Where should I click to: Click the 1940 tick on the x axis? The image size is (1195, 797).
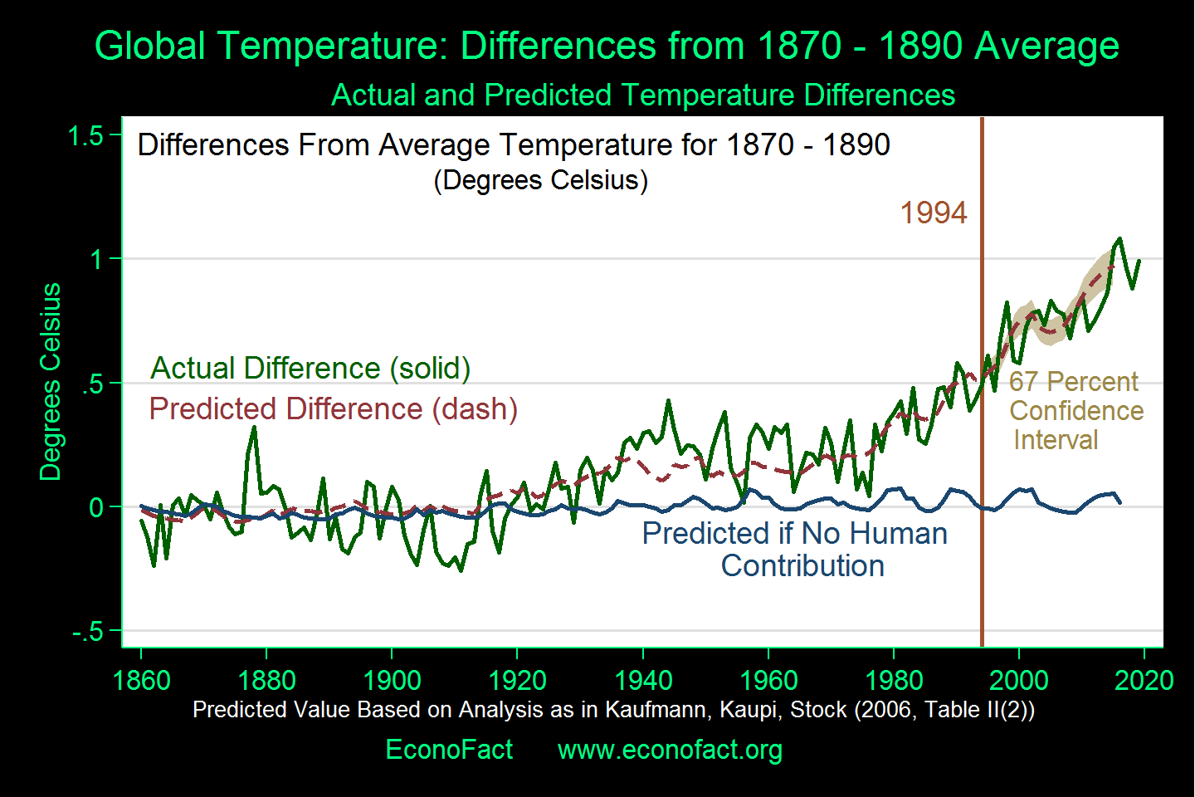click(x=643, y=680)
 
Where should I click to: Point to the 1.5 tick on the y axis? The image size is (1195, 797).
click(x=85, y=136)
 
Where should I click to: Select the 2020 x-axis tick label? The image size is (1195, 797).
click(x=1144, y=680)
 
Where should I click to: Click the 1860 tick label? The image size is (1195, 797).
click(x=141, y=680)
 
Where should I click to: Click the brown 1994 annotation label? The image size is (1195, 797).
click(x=934, y=213)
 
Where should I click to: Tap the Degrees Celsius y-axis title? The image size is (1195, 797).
click(x=51, y=381)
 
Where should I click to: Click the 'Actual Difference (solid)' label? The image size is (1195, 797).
click(x=310, y=368)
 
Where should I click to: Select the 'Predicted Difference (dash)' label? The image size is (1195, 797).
click(x=333, y=408)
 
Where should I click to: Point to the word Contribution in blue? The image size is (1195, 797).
click(x=802, y=566)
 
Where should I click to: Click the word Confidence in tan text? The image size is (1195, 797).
click(x=1076, y=411)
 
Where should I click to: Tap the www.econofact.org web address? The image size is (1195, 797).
click(x=670, y=750)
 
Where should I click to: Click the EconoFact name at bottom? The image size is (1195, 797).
click(x=449, y=750)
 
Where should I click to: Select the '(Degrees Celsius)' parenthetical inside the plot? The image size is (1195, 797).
click(x=540, y=180)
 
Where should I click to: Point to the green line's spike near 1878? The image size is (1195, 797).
click(x=254, y=428)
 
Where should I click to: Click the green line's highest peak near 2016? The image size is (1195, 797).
click(x=1119, y=239)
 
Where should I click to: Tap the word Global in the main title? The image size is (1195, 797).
click(x=149, y=46)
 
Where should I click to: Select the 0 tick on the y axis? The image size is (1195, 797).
click(x=96, y=507)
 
